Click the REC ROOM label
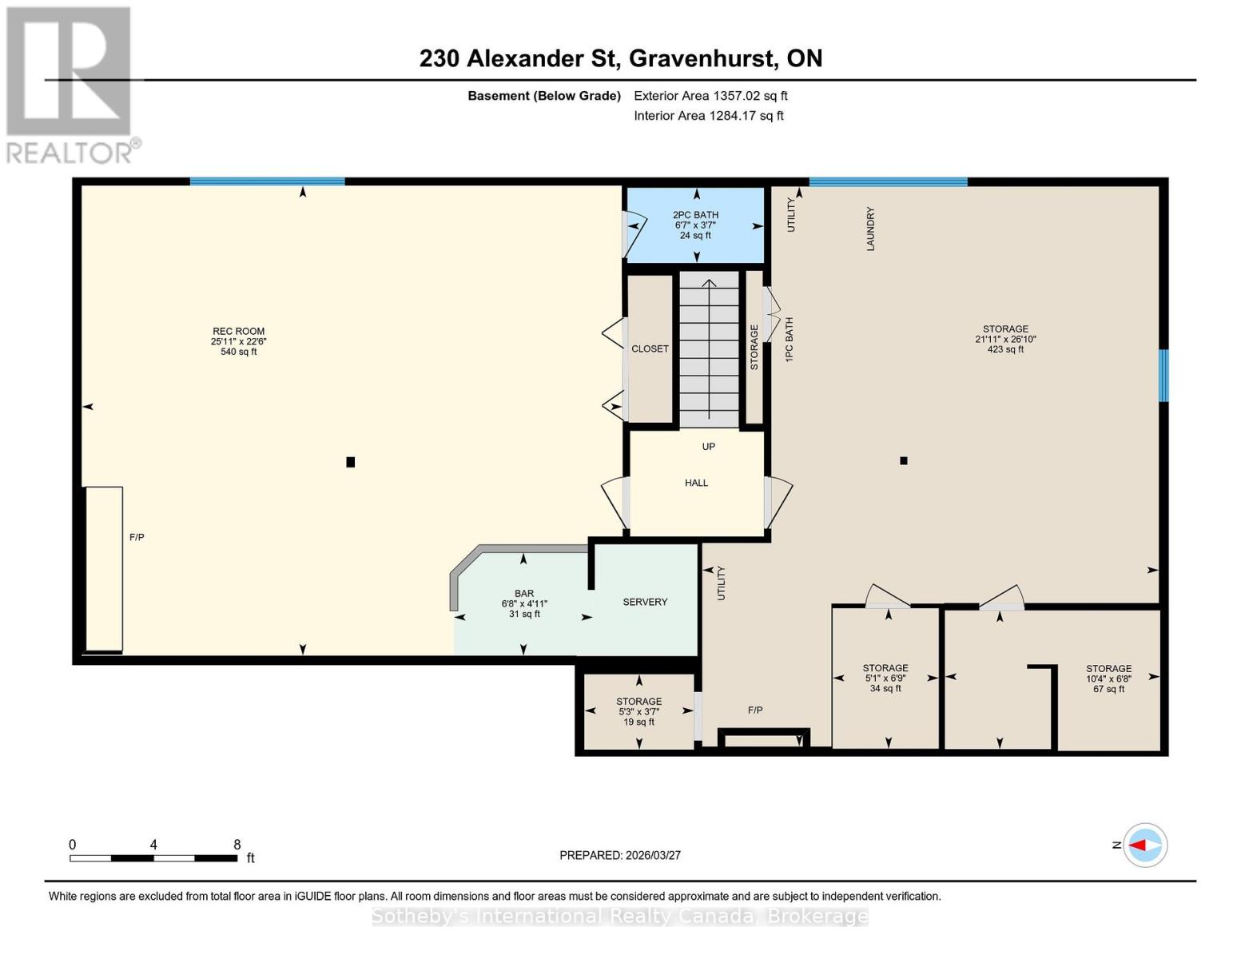pos(238,331)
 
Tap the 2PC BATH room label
pos(695,215)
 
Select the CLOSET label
pos(650,349)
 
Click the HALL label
pos(696,483)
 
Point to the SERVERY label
pos(645,602)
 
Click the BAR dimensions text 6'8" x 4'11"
pos(524,604)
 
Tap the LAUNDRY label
pos(870,229)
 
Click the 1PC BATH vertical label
pos(789,340)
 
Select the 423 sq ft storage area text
pos(1005,349)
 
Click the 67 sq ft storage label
pos(1108,689)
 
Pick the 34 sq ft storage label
pos(885,688)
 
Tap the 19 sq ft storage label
pos(638,722)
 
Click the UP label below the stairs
pos(708,447)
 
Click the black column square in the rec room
pos(350,462)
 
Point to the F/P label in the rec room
pos(137,537)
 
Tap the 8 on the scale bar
pos(237,845)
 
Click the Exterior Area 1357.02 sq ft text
pos(710,96)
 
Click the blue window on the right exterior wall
pos(1163,376)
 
